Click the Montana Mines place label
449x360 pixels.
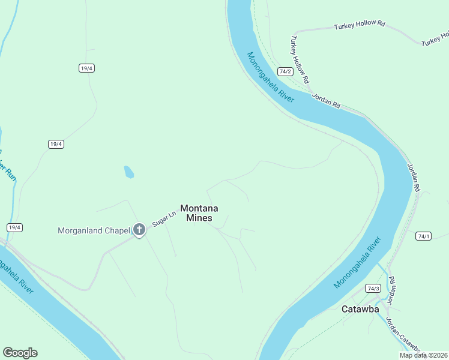coord(199,213)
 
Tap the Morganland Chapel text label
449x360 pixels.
coord(94,230)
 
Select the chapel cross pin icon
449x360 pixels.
coord(139,229)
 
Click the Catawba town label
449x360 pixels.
coord(360,310)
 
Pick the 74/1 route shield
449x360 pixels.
coord(424,236)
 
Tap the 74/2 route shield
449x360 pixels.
coord(285,71)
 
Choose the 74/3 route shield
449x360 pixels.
coord(373,288)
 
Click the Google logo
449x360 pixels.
coord(20,353)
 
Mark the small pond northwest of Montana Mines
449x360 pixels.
coord(128,172)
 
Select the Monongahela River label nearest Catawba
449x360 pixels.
coord(358,263)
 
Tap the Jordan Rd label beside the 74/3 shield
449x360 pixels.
coord(391,288)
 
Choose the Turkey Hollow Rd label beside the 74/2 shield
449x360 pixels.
coord(300,59)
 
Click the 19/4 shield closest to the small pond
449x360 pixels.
coord(56,144)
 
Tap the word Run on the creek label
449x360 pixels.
coord(10,173)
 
